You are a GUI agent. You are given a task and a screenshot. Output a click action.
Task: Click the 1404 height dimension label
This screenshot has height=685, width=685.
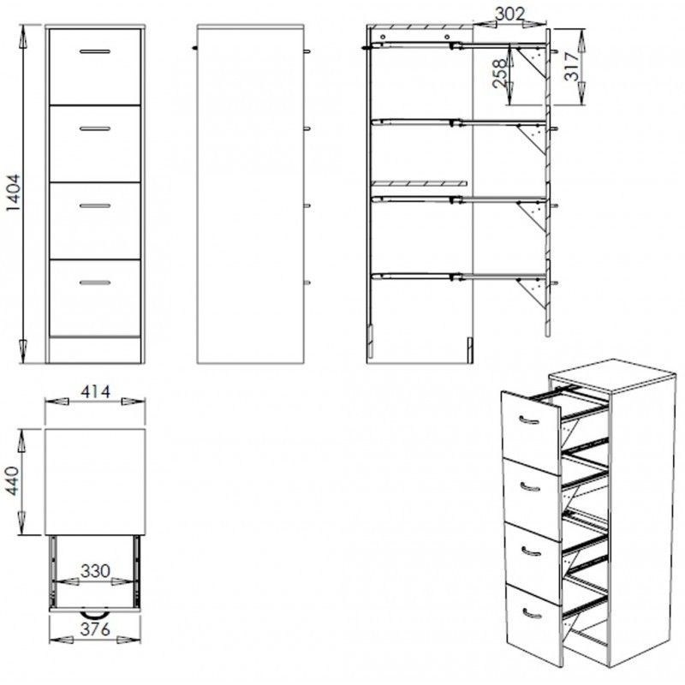pos(13,193)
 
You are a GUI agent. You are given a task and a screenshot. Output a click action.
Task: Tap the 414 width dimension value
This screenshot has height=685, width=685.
pos(95,391)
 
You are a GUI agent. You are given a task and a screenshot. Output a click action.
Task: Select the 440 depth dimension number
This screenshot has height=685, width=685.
pos(13,481)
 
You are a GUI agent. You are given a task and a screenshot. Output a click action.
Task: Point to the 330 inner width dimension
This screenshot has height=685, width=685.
pos(95,571)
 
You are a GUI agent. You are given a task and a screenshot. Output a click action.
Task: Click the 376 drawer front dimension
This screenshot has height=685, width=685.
pos(95,629)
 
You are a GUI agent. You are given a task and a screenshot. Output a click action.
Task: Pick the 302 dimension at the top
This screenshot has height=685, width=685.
pos(509,14)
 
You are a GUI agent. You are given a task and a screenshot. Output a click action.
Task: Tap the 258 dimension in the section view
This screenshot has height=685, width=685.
pos(500,73)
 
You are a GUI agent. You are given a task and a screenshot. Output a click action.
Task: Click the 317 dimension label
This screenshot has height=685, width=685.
pos(572,66)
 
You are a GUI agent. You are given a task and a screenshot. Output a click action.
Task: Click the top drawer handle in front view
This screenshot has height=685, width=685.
pos(95,51)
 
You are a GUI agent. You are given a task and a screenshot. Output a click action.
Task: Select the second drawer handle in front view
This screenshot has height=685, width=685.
pos(95,128)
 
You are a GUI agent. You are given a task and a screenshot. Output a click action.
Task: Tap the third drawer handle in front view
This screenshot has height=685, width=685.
pos(95,205)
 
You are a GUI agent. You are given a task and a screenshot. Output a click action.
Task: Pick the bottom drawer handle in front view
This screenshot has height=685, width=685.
pos(95,283)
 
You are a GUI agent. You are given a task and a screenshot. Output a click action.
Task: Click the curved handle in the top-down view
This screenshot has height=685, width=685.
pos(95,615)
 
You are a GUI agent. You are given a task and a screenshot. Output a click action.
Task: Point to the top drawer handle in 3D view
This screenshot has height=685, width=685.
pos(529,421)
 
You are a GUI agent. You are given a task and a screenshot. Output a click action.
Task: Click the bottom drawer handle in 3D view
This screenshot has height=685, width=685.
pos(532,615)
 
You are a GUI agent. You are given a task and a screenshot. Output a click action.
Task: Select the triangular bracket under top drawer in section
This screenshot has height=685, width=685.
pos(532,63)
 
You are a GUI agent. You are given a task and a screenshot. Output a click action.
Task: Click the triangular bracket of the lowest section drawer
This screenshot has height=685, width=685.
pos(532,294)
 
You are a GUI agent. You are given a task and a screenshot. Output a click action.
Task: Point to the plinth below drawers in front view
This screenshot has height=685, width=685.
pos(95,350)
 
